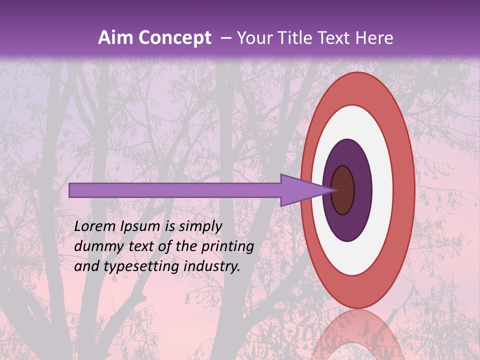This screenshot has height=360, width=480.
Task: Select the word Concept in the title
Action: [174, 38]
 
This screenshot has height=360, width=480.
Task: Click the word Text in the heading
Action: [340, 38]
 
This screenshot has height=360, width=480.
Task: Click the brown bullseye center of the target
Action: [343, 190]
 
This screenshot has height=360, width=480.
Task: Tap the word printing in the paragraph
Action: [227, 247]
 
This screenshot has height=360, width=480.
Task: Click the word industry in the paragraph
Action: [211, 266]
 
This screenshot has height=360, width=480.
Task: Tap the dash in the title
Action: [225, 38]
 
